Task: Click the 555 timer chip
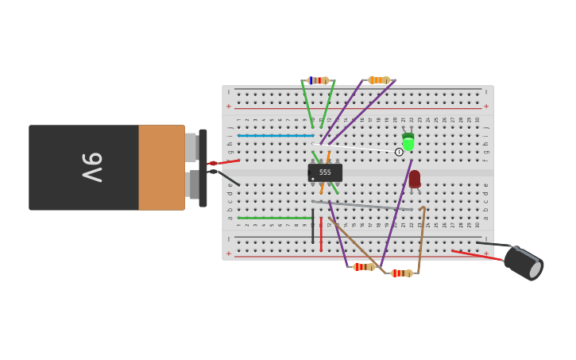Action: click(325, 172)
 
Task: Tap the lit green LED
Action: click(408, 143)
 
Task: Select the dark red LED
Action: click(415, 179)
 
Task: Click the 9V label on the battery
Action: click(92, 168)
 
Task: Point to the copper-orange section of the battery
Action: click(161, 168)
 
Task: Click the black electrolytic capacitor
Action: click(523, 263)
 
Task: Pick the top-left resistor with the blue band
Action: click(319, 80)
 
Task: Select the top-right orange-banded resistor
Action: click(378, 80)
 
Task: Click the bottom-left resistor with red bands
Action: click(363, 267)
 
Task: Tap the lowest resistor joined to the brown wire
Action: click(401, 273)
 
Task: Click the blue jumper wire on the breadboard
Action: click(274, 136)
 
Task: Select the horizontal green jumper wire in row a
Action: click(274, 218)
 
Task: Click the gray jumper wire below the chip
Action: click(365, 206)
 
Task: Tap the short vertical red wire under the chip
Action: click(321, 237)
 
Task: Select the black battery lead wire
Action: click(228, 177)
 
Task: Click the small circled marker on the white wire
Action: click(399, 152)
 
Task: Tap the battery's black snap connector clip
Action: click(203, 168)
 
